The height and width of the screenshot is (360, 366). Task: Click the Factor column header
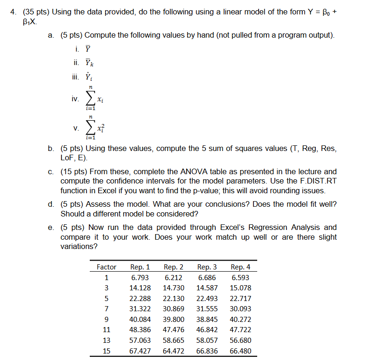coord(106,267)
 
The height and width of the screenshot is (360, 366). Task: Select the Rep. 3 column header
coord(207,267)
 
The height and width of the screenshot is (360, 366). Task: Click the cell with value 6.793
coord(140,278)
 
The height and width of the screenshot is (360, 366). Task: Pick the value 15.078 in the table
coord(240,288)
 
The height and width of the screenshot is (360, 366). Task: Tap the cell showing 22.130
coord(173,298)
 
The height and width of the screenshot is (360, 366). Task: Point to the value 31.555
coord(207,309)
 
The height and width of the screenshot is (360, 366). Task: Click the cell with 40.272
coord(240,319)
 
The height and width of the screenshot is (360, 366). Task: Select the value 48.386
coord(140,330)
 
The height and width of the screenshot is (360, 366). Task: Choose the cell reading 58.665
coord(173,340)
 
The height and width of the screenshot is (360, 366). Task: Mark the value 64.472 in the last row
coord(173,351)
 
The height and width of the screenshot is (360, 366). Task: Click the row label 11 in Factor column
coord(106,330)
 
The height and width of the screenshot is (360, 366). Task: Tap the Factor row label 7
coord(106,309)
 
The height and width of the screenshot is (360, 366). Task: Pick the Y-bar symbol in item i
coord(87,49)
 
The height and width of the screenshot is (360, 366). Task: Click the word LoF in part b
coord(67,158)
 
